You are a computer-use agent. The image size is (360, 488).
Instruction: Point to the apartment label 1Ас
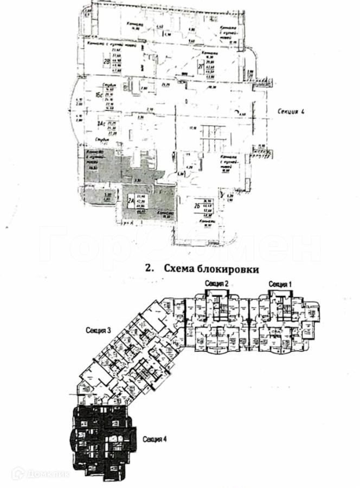(x=99, y=124)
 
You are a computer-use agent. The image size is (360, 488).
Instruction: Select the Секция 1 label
(x=280, y=284)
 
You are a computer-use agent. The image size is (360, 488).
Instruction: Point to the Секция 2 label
(x=216, y=284)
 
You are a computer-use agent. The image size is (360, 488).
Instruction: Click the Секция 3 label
(x=98, y=330)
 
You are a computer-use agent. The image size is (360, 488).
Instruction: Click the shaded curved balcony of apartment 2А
(x=97, y=196)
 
